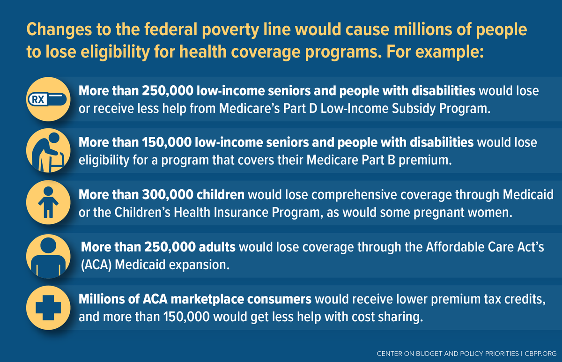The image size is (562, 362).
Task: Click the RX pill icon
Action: click(x=49, y=99)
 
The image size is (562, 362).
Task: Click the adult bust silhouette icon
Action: click(x=49, y=255)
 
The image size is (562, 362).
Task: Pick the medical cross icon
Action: click(x=49, y=307)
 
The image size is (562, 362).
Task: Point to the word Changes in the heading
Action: click(x=52, y=30)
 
